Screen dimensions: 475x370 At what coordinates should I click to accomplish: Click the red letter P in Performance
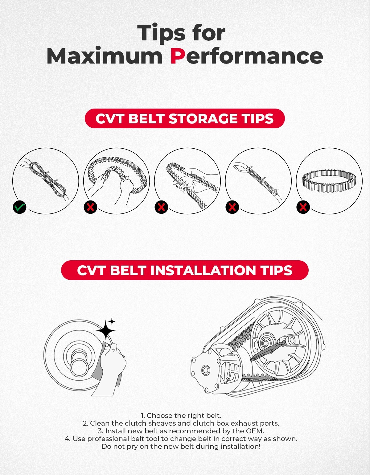(x=178, y=56)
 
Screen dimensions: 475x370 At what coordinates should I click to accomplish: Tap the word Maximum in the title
(x=104, y=56)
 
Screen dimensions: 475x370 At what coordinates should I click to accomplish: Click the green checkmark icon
(x=20, y=207)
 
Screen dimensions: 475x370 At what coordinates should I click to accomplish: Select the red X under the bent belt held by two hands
(x=90, y=207)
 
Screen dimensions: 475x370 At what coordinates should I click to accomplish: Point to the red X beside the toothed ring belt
(x=303, y=207)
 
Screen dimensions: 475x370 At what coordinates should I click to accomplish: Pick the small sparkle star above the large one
(x=112, y=322)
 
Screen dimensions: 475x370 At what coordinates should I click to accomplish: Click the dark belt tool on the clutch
(x=268, y=350)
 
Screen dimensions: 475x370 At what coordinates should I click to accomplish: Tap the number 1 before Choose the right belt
(x=142, y=415)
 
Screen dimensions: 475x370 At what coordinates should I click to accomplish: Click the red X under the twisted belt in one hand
(x=161, y=207)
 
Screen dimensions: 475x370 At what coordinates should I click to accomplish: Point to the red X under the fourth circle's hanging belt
(x=232, y=207)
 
